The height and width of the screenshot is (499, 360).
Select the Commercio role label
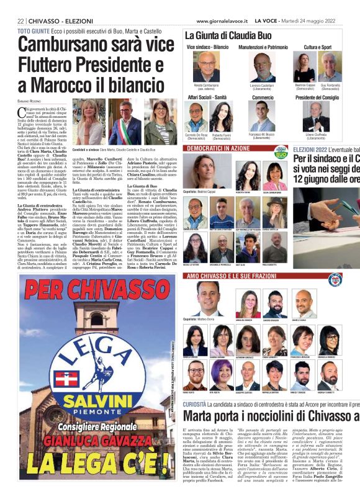tap(263, 97)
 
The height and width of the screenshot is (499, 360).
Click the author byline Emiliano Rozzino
tap(32, 100)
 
